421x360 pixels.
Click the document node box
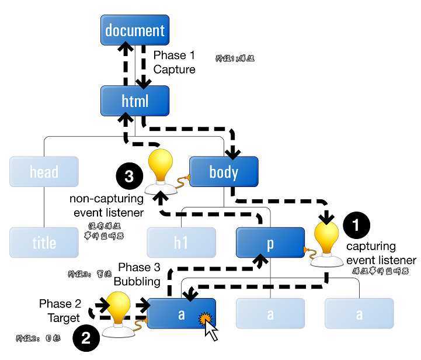(135, 30)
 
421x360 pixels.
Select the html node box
(135, 101)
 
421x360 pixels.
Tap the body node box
(224, 172)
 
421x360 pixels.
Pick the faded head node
(44, 172)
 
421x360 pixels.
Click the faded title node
(44, 243)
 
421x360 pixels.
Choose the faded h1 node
(181, 243)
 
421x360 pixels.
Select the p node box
(270, 243)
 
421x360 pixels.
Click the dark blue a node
(182, 314)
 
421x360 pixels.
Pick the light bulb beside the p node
(326, 241)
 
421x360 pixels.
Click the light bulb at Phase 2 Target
(119, 310)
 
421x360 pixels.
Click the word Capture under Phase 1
(174, 70)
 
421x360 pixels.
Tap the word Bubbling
(137, 281)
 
